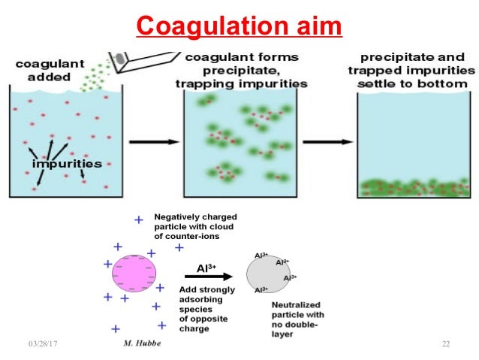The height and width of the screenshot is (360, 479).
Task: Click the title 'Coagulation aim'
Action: [239, 27]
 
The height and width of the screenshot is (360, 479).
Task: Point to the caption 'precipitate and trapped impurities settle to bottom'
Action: [417, 70]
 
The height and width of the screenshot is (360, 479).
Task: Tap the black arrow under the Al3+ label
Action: [202, 276]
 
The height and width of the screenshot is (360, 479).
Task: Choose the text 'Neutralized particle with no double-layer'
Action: [297, 319]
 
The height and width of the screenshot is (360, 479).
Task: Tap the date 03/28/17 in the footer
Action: [44, 344]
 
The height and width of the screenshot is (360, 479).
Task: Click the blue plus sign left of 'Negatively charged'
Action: [138, 219]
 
